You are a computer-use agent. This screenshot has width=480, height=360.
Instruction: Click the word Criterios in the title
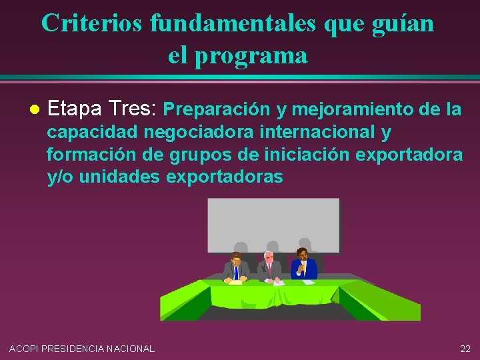[92, 23]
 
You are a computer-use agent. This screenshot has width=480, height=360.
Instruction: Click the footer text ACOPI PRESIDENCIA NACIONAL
[82, 348]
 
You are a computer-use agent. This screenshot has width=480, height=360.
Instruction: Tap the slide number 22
[465, 348]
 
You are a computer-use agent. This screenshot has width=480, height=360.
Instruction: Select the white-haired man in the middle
[269, 267]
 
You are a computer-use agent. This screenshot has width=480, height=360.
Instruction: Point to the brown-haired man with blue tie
[235, 268]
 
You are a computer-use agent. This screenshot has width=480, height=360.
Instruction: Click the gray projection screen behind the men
[273, 223]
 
